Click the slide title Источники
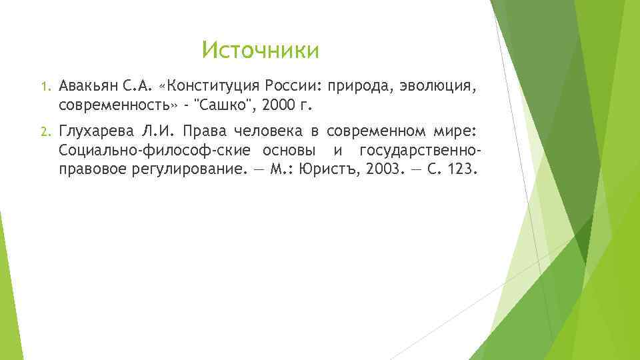[261, 50]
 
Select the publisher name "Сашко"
[224, 105]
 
